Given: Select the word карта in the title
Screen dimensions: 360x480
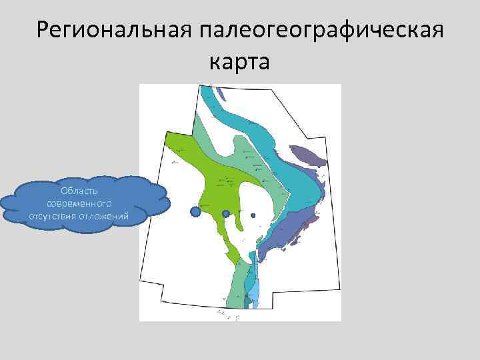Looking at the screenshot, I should pos(239,62).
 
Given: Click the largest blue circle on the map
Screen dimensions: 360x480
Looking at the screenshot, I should pos(195,212).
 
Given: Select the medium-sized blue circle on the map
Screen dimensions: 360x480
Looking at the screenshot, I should pos(226,213).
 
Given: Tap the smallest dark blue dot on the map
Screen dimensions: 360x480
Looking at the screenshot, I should pos(253,215).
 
